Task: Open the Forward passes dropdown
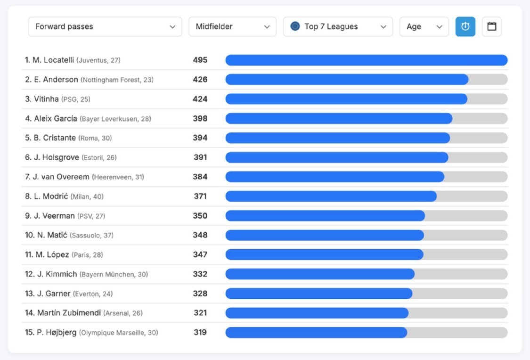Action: click(105, 27)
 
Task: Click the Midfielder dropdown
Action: click(232, 27)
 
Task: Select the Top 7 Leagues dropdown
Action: click(338, 27)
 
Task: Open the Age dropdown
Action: click(424, 27)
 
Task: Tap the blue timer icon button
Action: click(465, 27)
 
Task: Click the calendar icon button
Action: click(492, 27)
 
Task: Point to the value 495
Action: click(200, 60)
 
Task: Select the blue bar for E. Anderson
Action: click(347, 80)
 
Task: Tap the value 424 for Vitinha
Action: click(200, 99)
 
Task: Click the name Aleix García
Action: click(56, 119)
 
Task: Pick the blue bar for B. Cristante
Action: click(338, 138)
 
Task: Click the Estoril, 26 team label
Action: click(99, 157)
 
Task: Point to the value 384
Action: click(200, 177)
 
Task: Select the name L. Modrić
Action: click(51, 196)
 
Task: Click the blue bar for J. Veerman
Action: click(325, 216)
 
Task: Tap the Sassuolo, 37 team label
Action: click(91, 235)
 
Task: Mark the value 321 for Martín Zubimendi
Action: click(200, 313)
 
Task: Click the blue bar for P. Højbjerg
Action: click(316, 333)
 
